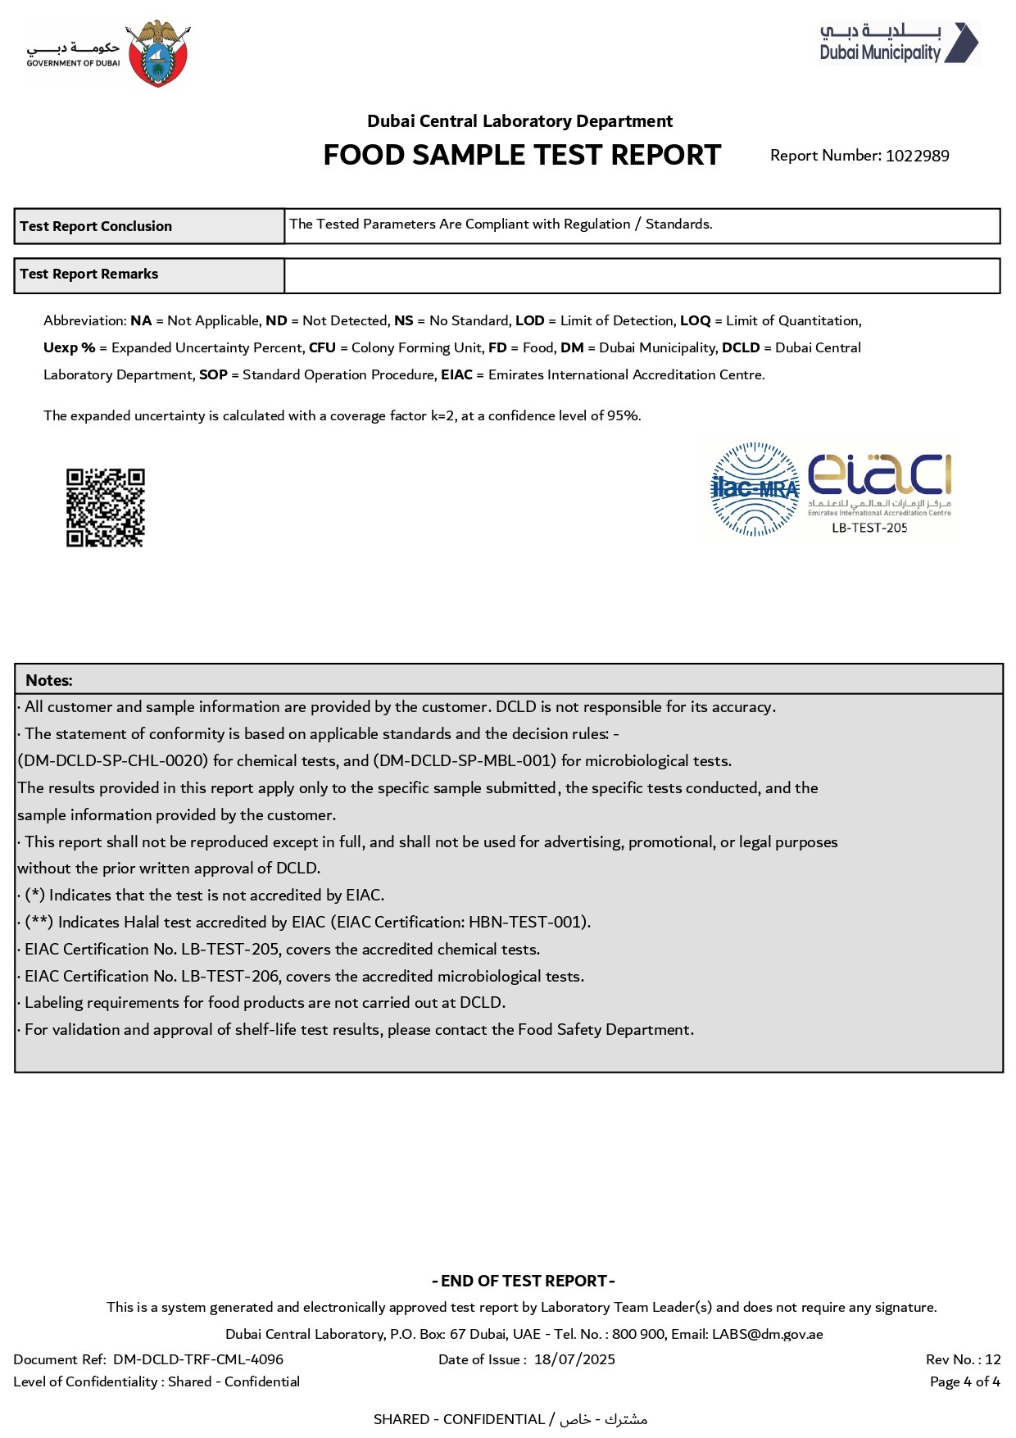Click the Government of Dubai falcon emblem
[159, 53]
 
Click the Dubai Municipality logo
[899, 43]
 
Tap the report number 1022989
[917, 156]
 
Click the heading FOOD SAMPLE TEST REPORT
[522, 155]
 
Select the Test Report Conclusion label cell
[149, 226]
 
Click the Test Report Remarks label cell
[149, 274]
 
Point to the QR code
[105, 507]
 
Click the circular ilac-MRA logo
[755, 489]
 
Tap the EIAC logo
[879, 483]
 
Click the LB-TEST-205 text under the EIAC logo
[869, 528]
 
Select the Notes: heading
[49, 680]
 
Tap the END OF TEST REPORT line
[523, 1281]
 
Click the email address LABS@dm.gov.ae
[767, 1334]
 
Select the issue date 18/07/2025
[574, 1359]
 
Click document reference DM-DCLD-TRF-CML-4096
[198, 1359]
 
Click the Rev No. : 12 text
[963, 1359]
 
